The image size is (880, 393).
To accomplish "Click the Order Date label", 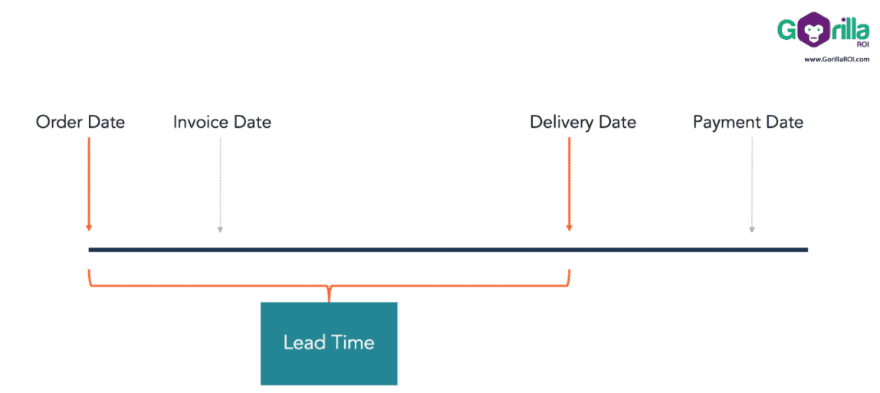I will click(80, 122).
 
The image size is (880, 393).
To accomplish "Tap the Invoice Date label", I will click(222, 122).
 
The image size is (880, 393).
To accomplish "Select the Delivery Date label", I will click(583, 122).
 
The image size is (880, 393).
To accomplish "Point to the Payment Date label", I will click(747, 122).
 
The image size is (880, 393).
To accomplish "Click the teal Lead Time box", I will click(329, 342).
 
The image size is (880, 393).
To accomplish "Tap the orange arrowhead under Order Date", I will click(89, 227).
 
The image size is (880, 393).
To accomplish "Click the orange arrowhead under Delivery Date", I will click(569, 227).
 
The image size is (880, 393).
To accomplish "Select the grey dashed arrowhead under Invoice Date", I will click(220, 228).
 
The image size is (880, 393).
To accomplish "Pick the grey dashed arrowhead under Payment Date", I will click(751, 228).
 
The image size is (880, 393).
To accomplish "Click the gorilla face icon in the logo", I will click(809, 31).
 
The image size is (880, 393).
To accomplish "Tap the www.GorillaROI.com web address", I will click(836, 60).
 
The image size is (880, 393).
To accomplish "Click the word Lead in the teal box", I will click(304, 342).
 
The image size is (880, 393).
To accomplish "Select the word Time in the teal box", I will click(353, 342).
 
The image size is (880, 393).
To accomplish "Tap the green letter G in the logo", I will click(787, 31).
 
